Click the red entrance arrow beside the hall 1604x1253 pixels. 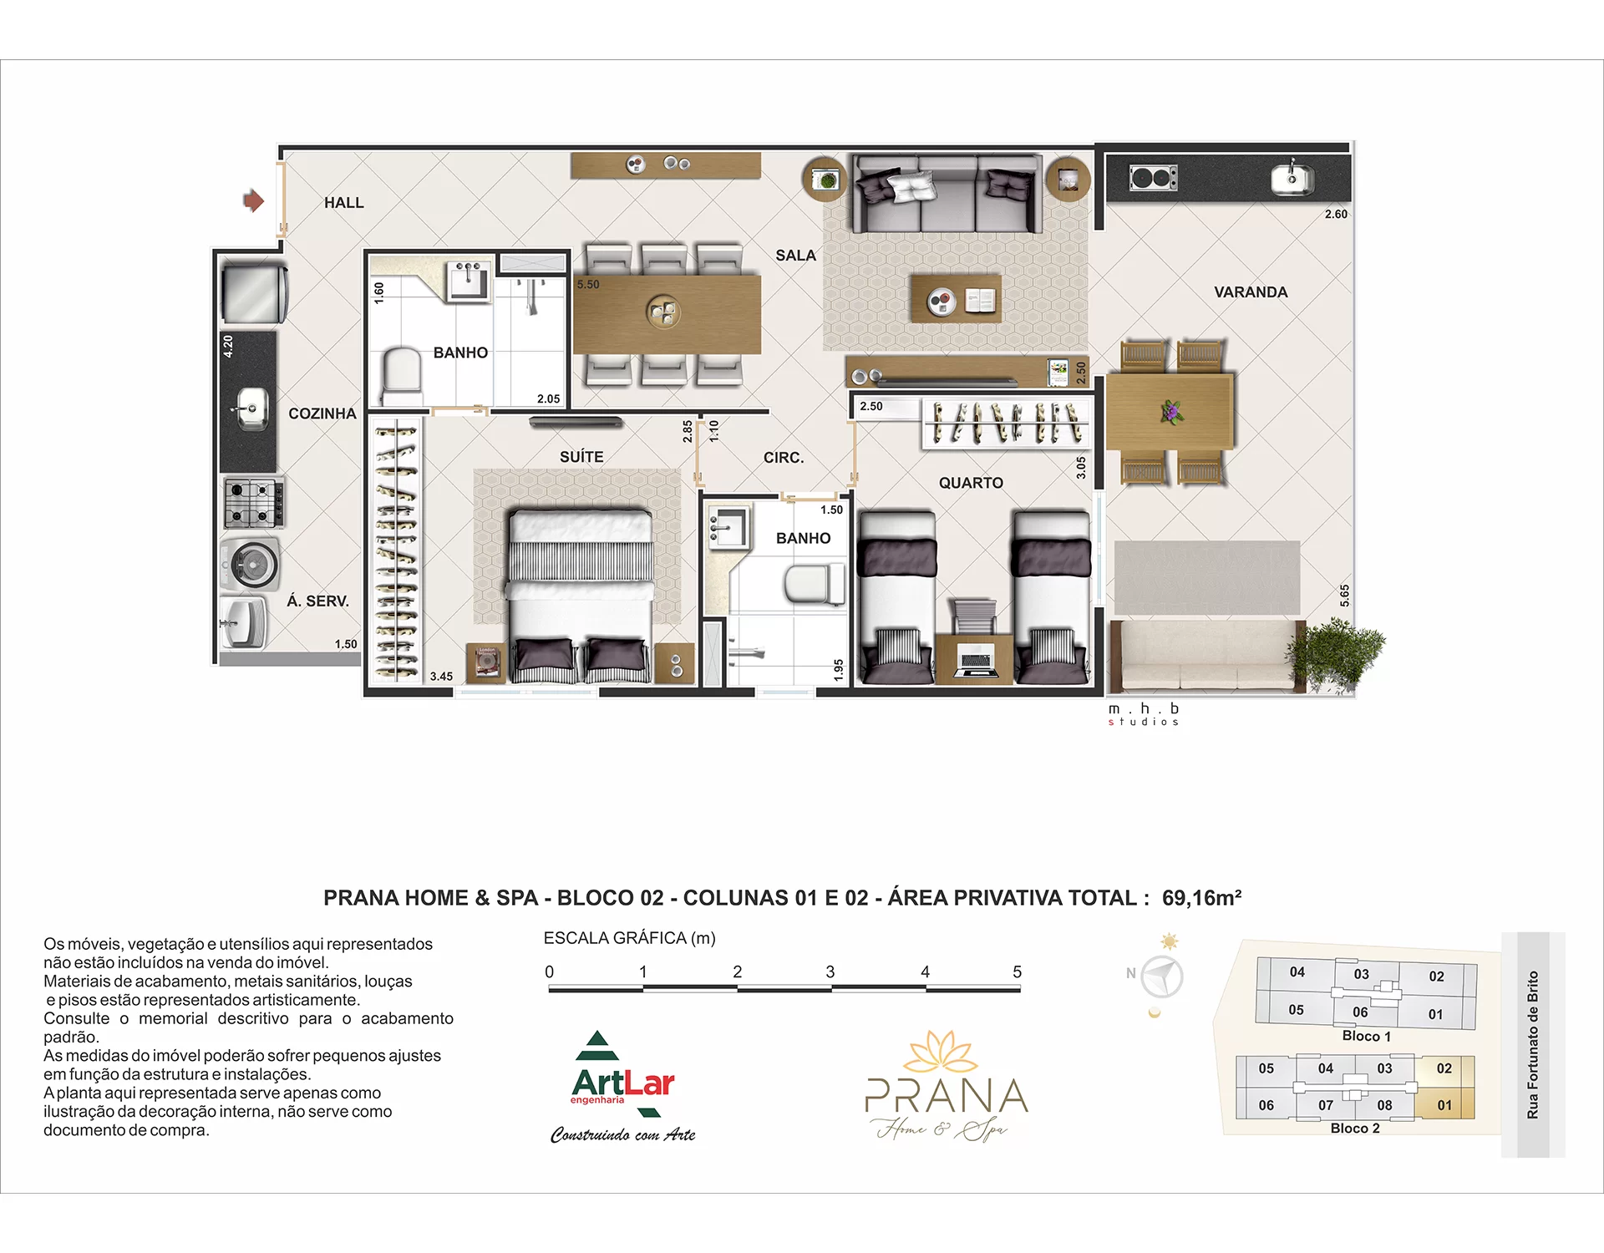[253, 200]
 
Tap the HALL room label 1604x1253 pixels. [343, 203]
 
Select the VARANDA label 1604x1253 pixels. [1251, 292]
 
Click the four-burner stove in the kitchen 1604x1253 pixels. [254, 502]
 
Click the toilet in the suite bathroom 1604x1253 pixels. [401, 375]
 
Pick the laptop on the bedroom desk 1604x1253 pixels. [974, 659]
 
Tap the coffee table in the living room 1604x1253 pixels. [956, 299]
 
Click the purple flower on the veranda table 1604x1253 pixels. [1170, 411]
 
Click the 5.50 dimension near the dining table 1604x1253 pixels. [588, 285]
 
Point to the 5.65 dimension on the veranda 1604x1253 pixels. [1344, 596]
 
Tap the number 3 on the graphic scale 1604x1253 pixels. [830, 971]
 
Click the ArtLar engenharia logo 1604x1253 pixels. [623, 1087]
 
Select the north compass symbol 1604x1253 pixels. [1161, 976]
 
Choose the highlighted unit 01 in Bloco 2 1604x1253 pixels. [1444, 1105]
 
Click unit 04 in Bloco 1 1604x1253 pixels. [1297, 971]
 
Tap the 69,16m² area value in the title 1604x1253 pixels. [1201, 898]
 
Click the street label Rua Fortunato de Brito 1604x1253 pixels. [1532, 1044]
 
